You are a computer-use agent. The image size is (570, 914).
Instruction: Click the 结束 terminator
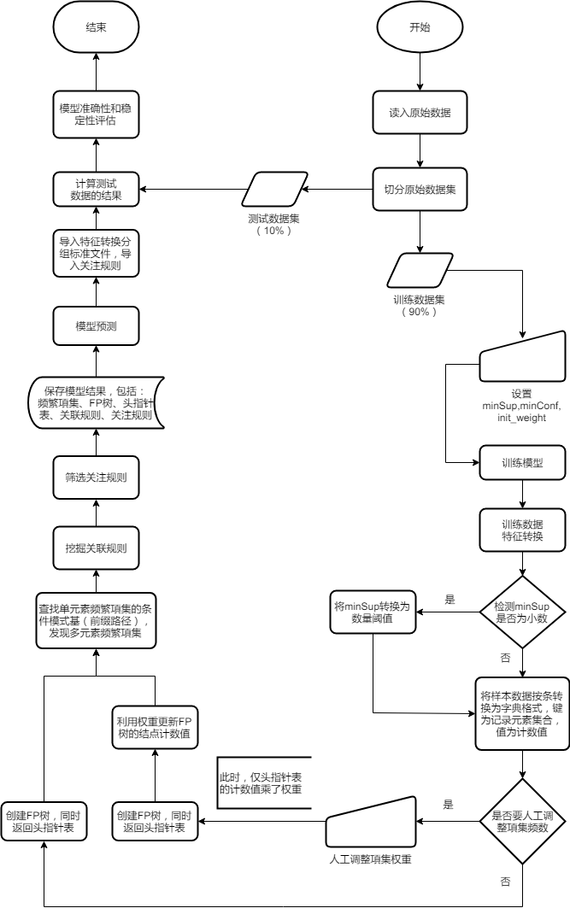point(96,26)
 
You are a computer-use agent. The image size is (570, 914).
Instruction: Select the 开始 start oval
point(420,26)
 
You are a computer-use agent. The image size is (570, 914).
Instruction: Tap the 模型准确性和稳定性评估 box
point(96,114)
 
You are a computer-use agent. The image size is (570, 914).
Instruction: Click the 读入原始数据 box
point(420,112)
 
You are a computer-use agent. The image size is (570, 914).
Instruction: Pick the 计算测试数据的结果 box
point(96,190)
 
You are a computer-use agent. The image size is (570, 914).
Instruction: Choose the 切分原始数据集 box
point(420,190)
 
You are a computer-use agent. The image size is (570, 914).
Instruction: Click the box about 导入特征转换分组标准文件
point(96,254)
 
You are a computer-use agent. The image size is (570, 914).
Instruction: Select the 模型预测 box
point(96,326)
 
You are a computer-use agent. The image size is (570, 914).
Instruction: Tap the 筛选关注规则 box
point(96,478)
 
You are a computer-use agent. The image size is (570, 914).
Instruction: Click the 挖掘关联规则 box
point(96,548)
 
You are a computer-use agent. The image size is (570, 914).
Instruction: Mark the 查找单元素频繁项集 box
point(96,619)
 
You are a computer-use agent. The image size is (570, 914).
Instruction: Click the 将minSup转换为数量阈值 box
point(373,612)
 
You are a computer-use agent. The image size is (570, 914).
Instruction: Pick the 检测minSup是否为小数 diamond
point(521,612)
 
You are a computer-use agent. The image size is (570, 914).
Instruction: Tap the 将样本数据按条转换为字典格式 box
point(521,713)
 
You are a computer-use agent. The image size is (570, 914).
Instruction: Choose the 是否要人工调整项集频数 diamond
point(521,821)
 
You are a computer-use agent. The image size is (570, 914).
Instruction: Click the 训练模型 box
point(521,463)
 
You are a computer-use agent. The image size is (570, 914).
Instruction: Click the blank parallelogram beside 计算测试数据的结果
point(274,190)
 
